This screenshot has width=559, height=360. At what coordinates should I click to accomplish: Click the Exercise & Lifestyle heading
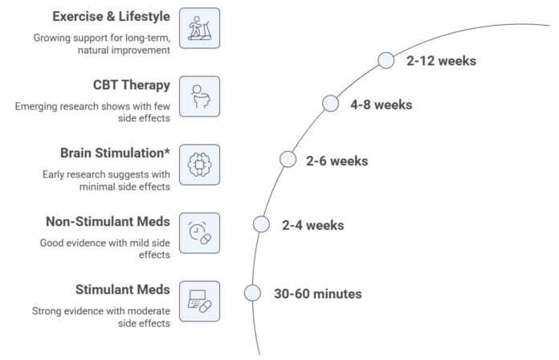[111, 16]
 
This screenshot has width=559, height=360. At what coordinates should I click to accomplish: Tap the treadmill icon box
[200, 28]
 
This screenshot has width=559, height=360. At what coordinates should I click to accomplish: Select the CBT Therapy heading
[132, 85]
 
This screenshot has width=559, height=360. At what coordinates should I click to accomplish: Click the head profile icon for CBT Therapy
[200, 96]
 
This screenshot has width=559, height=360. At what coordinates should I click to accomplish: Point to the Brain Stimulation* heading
[115, 153]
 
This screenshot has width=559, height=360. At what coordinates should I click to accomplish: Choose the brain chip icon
[200, 165]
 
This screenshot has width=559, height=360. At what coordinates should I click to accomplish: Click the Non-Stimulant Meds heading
[108, 222]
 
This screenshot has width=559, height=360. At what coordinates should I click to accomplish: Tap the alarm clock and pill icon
[200, 233]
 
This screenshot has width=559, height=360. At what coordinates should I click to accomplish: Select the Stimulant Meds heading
[123, 290]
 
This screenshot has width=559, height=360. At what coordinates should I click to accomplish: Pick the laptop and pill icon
[200, 301]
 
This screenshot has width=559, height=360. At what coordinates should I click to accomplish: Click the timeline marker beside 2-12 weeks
[386, 60]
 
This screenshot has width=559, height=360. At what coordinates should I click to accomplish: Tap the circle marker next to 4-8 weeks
[330, 104]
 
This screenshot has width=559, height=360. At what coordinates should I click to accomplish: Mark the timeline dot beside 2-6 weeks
[288, 159]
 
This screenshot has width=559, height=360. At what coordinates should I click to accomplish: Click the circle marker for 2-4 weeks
[261, 224]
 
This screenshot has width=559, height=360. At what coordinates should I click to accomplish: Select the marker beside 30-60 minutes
[252, 293]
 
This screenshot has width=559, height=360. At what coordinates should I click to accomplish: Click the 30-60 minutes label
[318, 294]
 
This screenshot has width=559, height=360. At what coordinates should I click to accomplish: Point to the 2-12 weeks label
[442, 61]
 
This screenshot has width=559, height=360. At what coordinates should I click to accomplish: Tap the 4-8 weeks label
[382, 105]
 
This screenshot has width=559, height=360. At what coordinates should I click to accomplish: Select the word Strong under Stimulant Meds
[44, 312]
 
